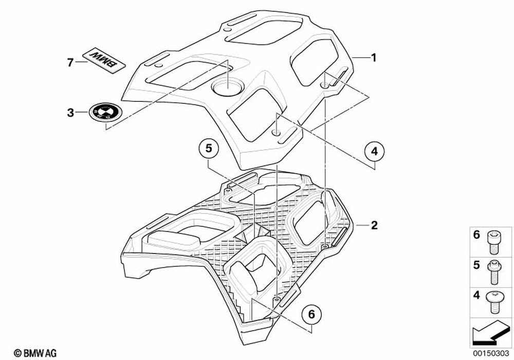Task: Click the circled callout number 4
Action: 374,151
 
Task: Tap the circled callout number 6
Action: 312,313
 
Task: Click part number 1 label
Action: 374,58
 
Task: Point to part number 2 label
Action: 374,225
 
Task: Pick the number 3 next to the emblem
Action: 70,112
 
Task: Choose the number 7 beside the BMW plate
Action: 70,62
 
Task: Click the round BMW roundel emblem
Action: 103,112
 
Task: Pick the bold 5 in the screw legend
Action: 476,265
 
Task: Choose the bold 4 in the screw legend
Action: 476,296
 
